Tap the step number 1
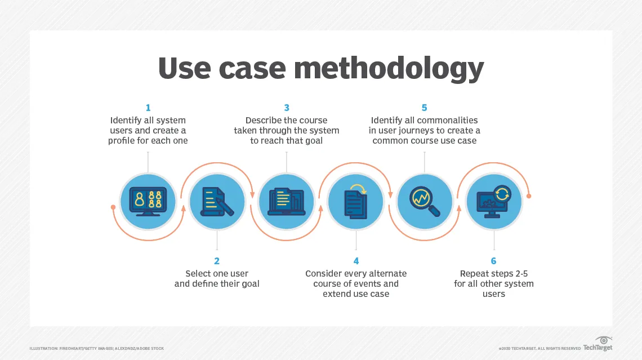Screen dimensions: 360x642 [148, 108]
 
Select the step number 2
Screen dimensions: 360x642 [217, 261]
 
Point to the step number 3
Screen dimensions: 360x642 [287, 108]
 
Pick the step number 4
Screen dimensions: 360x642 [356, 261]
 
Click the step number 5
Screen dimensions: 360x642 [425, 108]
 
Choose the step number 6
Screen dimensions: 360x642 [494, 261]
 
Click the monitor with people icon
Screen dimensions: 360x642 [148, 201]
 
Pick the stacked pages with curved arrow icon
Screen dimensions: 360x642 [355, 201]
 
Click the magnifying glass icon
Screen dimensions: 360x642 [425, 201]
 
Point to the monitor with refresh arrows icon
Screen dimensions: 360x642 [494, 201]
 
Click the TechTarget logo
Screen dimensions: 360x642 [598, 345]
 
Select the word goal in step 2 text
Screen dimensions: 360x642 [248, 284]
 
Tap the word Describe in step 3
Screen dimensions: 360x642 [264, 120]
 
